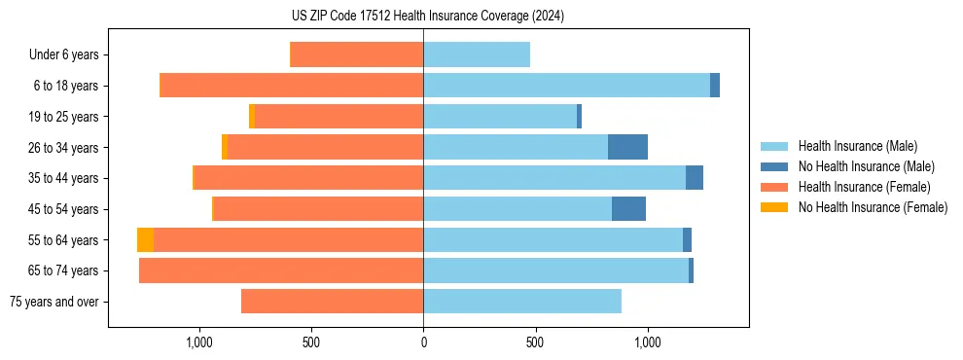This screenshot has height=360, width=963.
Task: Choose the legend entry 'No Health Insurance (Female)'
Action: coord(873,207)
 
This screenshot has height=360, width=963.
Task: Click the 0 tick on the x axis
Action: coord(423,342)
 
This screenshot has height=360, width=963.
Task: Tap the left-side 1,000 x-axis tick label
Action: coord(198,342)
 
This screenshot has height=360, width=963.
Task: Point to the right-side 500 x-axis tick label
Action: coord(535,342)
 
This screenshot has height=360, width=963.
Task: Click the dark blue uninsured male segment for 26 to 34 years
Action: coord(627,147)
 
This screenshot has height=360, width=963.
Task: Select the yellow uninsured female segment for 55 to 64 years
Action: coord(145,239)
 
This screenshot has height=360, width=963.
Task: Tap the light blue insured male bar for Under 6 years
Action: coord(477,54)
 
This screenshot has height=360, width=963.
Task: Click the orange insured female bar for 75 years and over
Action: coord(332,302)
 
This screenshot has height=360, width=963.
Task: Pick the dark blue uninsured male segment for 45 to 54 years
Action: coord(628,209)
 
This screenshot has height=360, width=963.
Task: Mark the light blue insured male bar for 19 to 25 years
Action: coord(500,117)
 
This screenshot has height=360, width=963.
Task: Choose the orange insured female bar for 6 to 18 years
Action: coord(292,86)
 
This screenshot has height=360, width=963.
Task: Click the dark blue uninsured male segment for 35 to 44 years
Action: coord(695,178)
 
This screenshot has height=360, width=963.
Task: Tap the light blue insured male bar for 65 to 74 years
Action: coord(555,270)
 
